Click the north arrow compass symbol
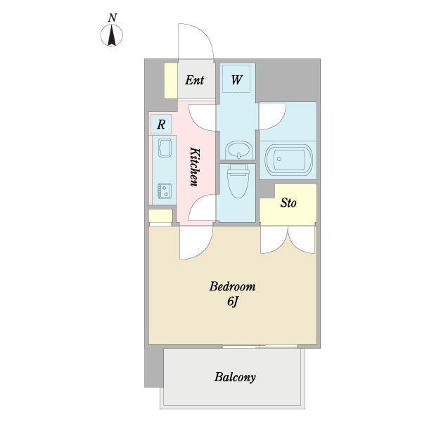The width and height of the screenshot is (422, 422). (112, 35)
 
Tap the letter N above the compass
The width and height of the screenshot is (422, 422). (113, 18)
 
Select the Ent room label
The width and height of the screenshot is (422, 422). (194, 80)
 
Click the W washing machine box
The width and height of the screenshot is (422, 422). (236, 79)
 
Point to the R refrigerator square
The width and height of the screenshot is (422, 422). (161, 124)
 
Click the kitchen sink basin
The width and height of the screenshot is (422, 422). (165, 148)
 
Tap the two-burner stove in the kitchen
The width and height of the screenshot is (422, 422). (165, 191)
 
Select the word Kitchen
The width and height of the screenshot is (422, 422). (195, 167)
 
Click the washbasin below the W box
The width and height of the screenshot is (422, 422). (238, 151)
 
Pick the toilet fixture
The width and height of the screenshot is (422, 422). (238, 180)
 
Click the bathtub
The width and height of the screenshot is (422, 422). (288, 160)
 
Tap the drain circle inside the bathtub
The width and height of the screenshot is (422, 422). (279, 159)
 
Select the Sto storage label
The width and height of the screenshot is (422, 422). (288, 203)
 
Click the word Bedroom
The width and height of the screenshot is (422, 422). (232, 286)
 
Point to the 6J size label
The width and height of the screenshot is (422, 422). (233, 302)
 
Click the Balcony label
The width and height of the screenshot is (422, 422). (235, 377)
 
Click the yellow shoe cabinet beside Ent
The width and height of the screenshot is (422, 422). (171, 81)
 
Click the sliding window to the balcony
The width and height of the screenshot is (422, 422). (260, 346)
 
